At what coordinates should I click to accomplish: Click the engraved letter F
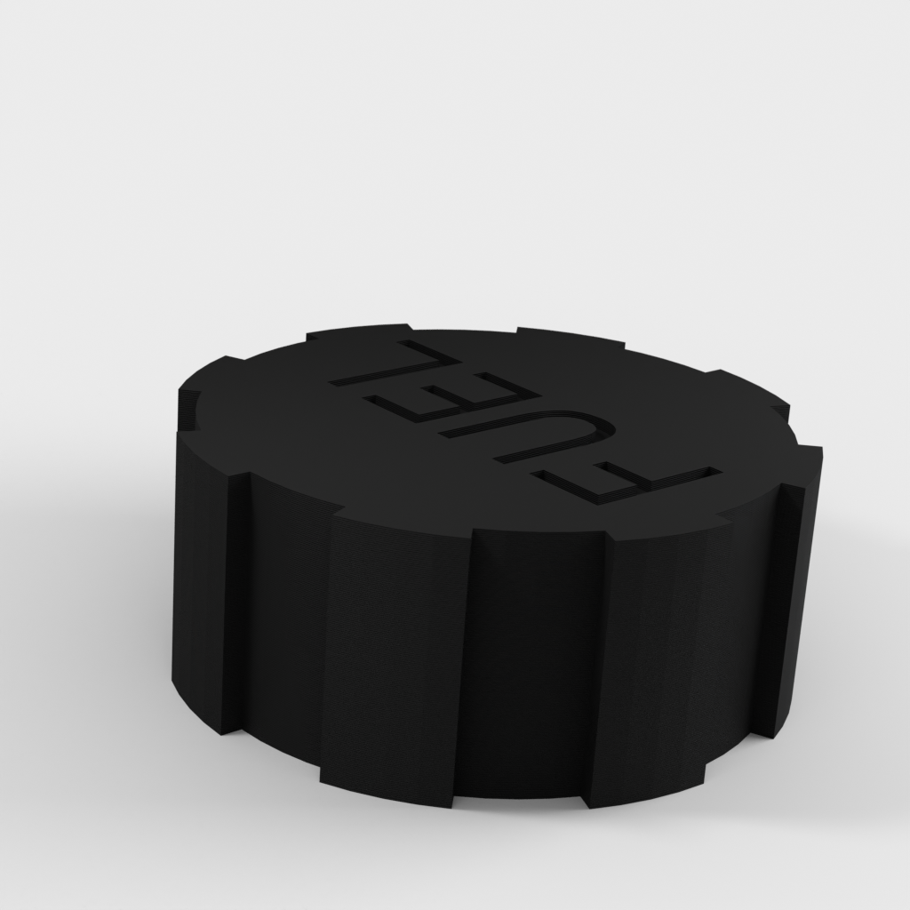click(x=622, y=480)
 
